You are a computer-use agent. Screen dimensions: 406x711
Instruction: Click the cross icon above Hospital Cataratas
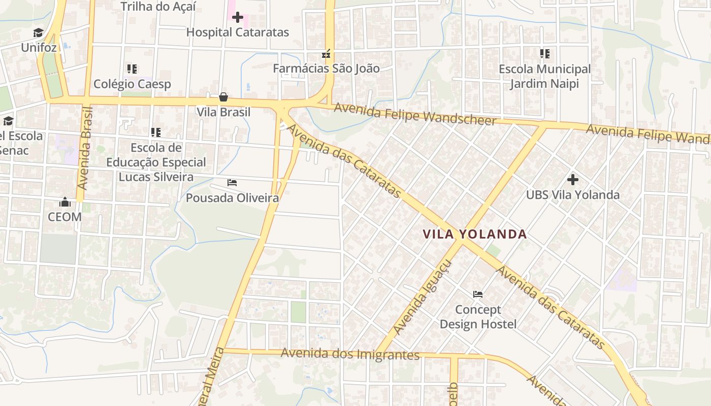coord(237,18)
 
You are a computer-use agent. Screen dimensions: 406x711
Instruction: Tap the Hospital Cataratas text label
coord(237,32)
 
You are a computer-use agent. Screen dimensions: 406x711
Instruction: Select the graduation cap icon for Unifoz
coord(39,33)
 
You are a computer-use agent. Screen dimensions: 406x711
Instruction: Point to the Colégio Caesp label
coord(132,84)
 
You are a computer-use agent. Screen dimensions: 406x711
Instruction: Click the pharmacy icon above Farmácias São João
coord(326,53)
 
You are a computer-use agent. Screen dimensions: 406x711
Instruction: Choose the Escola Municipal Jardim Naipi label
coord(544,76)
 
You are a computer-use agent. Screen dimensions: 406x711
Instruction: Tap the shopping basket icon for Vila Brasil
coord(223,97)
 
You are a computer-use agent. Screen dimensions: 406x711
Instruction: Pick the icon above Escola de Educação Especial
coord(156,132)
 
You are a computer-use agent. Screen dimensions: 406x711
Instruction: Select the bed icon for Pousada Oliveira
coord(232,183)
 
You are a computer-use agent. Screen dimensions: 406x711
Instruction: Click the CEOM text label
coord(64,217)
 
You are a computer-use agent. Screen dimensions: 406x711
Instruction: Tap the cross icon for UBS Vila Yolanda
coord(573,180)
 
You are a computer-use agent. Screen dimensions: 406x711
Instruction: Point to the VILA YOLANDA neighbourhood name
coord(475,234)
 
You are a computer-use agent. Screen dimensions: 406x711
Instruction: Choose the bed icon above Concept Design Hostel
coord(478,294)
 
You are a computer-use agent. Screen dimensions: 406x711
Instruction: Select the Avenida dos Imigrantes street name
coord(350,354)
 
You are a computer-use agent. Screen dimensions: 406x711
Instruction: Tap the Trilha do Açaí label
coord(158,7)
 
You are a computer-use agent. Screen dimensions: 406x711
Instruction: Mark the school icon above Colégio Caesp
coord(132,69)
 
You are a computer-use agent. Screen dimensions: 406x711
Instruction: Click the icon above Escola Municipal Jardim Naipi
coord(545,53)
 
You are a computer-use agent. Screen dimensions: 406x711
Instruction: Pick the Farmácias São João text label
coord(326,69)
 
